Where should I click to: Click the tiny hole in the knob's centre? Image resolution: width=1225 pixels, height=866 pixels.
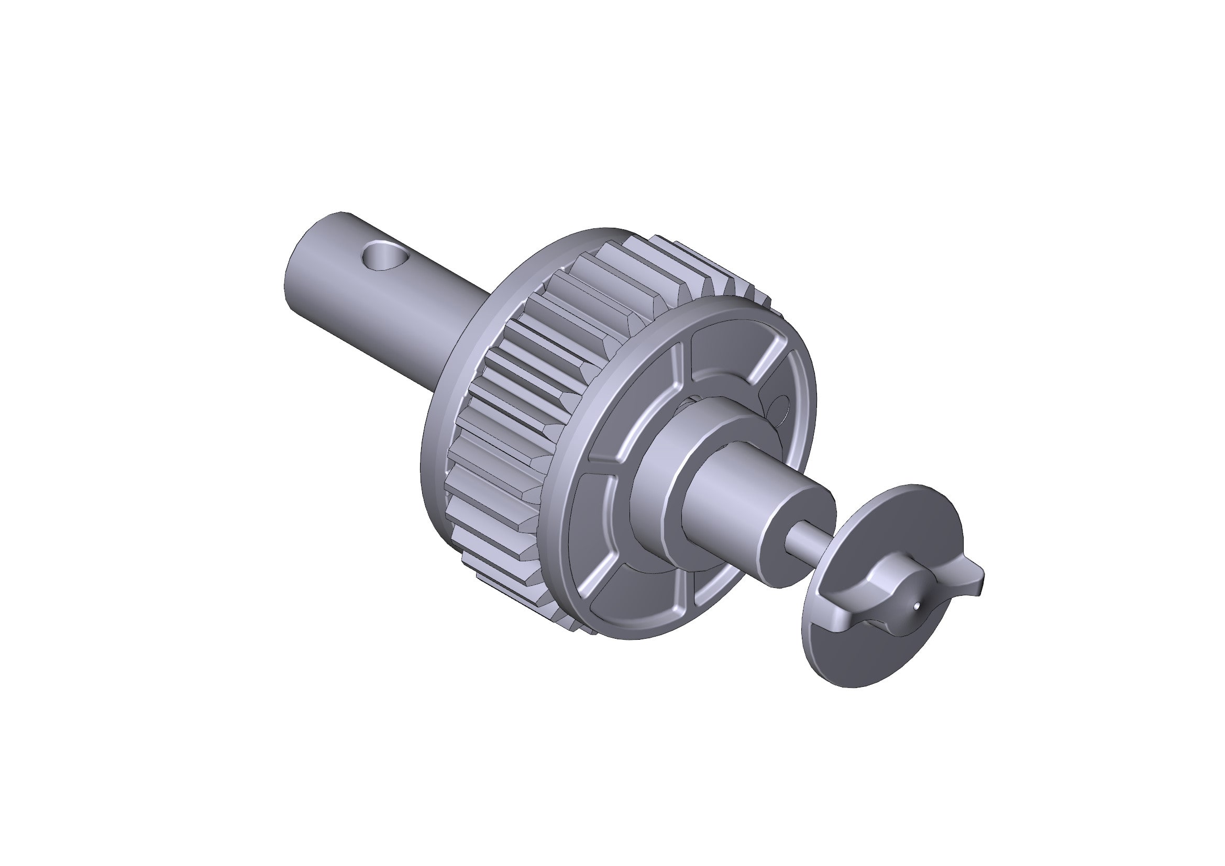915,606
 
